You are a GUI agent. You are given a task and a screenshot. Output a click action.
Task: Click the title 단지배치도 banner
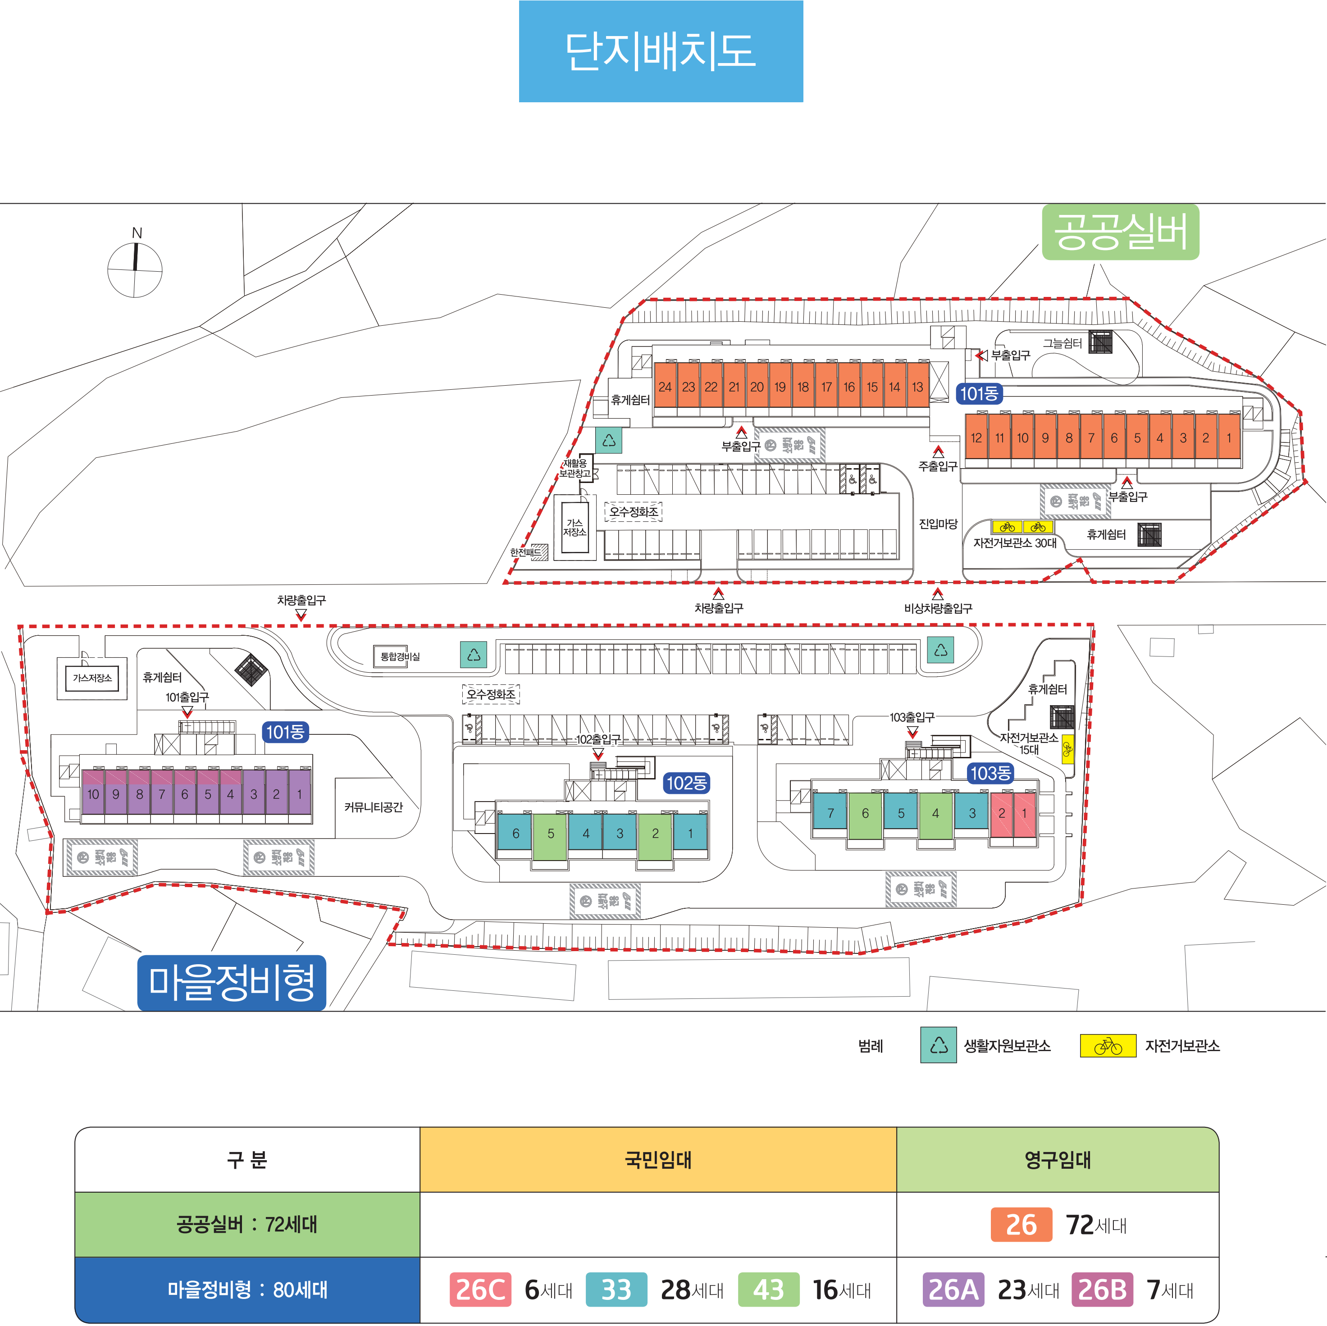coord(660,51)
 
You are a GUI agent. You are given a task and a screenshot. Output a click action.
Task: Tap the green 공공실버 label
coord(1120,232)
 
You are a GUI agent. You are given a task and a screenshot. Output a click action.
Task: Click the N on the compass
coord(137,233)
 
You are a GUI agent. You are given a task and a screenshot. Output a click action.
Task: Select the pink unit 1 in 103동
coord(1024,814)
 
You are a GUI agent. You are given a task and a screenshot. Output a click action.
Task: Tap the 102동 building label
coord(686,783)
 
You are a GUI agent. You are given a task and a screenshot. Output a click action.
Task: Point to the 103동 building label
coord(990,773)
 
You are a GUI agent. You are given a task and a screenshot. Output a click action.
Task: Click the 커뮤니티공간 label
coord(373,807)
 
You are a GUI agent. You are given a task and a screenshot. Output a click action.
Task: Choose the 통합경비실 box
coord(400,656)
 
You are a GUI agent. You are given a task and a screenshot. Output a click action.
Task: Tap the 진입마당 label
coord(938,524)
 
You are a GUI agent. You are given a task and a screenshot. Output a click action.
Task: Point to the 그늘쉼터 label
coord(1062,343)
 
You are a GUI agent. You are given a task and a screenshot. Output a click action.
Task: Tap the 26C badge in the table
coord(480,1289)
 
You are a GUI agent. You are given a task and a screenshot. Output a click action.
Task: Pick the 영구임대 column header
coord(1057,1160)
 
